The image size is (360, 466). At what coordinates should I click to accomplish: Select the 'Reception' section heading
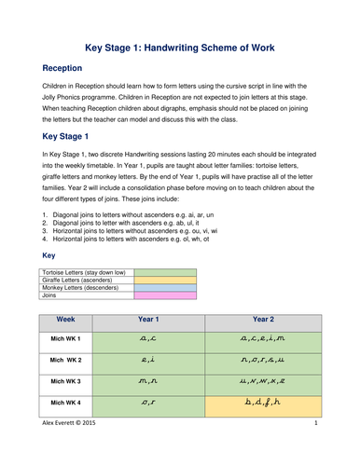(x=69, y=70)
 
